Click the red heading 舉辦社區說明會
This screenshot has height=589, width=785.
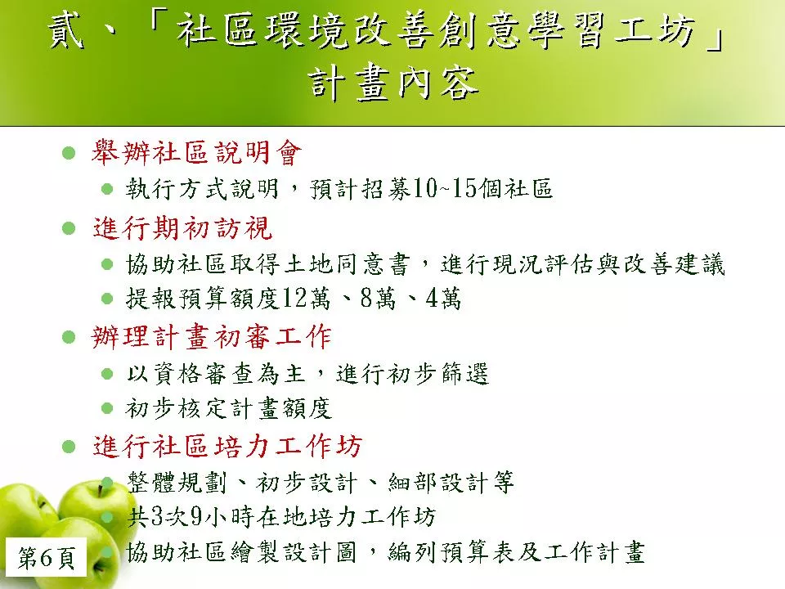pos(197,152)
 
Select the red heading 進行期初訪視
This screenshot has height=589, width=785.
pos(182,228)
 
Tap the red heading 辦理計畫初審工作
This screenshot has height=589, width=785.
pos(212,336)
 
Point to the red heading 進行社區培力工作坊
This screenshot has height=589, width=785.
pos(227,446)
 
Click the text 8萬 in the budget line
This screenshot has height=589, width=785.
pos(378,299)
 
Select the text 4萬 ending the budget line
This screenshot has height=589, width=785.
pos(443,299)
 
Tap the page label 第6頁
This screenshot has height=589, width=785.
pos(47,557)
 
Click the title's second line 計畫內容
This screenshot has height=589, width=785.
pos(394,83)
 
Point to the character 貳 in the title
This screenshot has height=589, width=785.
pos(66,31)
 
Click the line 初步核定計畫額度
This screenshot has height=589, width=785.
pos(229,409)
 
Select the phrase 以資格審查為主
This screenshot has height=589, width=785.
pos(216,374)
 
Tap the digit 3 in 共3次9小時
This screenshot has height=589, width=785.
pos(157,517)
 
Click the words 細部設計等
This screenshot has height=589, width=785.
pos(451,483)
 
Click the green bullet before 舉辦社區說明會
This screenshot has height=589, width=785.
pos(69,152)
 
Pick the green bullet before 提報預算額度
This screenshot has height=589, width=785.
pos(107,299)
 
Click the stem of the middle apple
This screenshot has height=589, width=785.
pos(101,489)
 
